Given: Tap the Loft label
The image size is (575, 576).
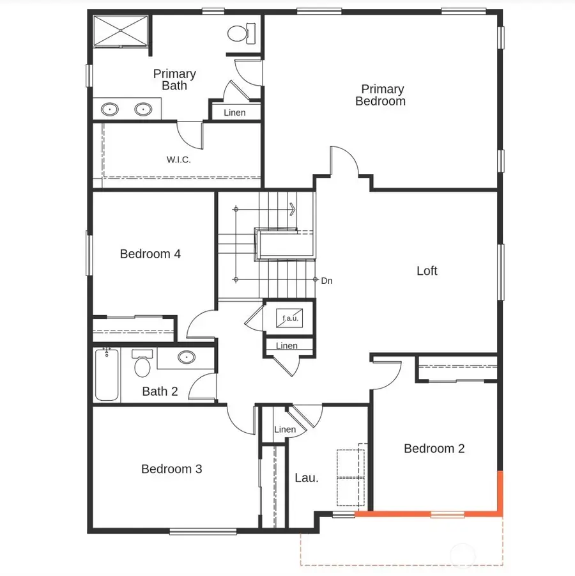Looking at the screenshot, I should click(427, 271).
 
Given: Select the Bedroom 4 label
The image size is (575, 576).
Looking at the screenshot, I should click(150, 254).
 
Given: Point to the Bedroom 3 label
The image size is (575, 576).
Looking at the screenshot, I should click(171, 469).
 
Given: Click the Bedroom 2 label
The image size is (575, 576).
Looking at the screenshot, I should click(434, 449).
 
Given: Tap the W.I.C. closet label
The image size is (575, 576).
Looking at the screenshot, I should click(179, 160).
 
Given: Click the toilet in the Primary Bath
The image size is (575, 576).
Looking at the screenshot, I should click(241, 32).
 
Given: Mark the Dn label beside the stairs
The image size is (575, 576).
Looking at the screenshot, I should click(326, 281).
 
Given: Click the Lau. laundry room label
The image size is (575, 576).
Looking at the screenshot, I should click(306, 478).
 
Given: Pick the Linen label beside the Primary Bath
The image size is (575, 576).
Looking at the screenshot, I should click(234, 113).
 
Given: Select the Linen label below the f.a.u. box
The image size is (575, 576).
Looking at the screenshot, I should click(287, 346).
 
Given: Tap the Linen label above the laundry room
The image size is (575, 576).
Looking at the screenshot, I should click(285, 429).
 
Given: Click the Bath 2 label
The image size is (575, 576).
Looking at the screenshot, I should click(160, 391).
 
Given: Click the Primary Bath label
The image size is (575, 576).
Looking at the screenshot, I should click(174, 80).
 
